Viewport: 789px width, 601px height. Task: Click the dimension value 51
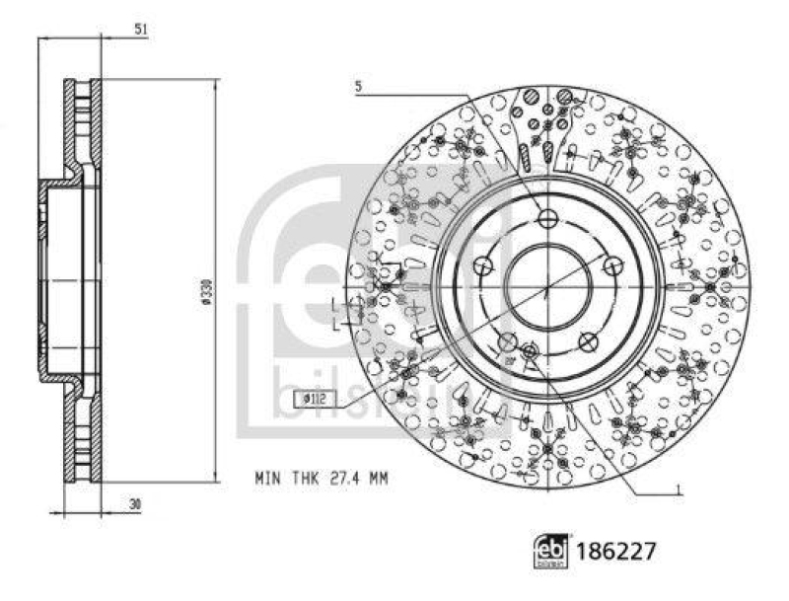click(x=141, y=31)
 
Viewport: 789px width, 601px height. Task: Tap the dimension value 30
click(x=135, y=503)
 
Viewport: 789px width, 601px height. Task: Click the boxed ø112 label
click(x=314, y=398)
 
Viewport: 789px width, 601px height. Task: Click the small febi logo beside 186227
click(x=550, y=551)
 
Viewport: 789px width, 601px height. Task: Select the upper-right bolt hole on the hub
click(x=612, y=264)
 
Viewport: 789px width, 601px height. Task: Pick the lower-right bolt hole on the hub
click(x=588, y=341)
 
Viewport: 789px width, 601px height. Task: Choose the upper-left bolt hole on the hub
click(x=481, y=264)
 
